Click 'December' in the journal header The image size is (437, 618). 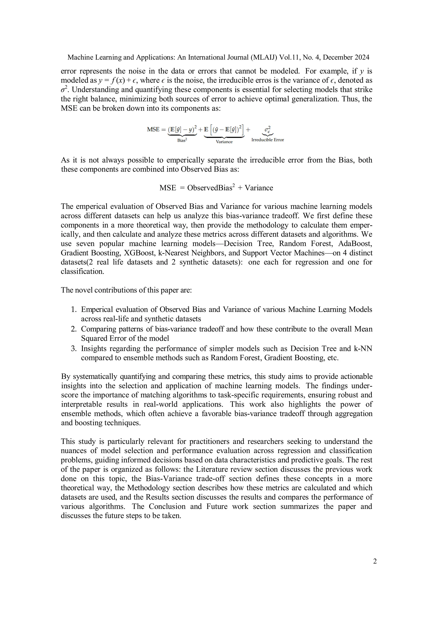337,57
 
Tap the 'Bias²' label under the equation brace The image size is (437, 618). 182,140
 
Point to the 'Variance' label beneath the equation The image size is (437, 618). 224,141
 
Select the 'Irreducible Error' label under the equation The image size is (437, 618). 268,140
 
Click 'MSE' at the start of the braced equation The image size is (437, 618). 153,130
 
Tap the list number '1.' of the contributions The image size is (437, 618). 74,310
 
